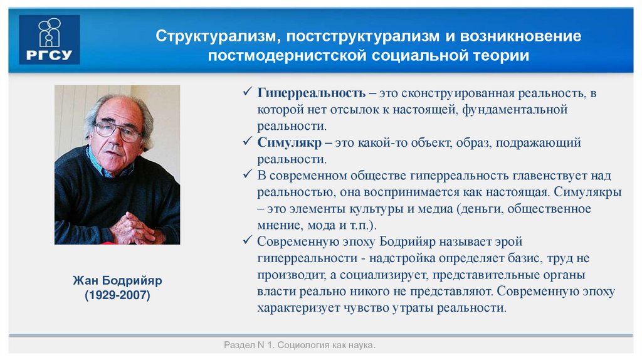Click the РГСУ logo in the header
[x=49, y=40]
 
